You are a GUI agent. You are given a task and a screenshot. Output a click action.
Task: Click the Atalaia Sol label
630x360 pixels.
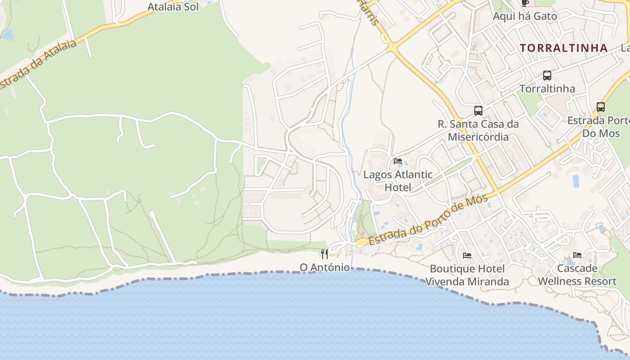coord(173,7)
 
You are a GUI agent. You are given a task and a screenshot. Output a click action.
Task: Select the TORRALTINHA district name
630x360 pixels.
coord(564,48)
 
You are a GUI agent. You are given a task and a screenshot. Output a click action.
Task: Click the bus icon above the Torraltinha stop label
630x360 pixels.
coord(547,76)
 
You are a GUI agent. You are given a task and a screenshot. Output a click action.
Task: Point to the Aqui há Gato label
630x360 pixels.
coord(525,16)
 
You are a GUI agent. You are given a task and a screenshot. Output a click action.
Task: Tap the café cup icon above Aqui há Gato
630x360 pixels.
coord(525,3)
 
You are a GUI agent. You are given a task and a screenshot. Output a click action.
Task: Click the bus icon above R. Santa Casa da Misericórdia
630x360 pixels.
coord(478,111)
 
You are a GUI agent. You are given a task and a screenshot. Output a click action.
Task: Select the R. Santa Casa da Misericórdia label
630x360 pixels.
coord(478,130)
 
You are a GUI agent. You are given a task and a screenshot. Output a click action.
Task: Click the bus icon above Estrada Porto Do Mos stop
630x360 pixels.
coord(601,107)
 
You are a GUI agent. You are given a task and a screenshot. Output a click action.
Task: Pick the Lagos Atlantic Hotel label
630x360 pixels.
coord(398,181)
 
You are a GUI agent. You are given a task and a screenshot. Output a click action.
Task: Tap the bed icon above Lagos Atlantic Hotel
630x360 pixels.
coord(398,161)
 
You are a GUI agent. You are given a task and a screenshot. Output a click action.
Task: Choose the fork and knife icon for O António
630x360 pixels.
coord(324,254)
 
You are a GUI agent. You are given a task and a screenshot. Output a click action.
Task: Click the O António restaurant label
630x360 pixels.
coord(324,268)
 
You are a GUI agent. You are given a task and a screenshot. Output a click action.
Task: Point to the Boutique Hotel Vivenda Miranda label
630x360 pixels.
coord(467,275)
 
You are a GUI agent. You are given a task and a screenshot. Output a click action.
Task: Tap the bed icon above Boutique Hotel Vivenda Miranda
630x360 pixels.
coord(467,256)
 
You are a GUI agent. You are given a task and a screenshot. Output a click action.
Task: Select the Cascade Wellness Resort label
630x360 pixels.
coord(577,275)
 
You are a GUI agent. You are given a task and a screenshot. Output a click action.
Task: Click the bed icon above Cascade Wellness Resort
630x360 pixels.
coord(577,255)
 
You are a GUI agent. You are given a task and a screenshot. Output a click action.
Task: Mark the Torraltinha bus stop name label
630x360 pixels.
coord(547,89)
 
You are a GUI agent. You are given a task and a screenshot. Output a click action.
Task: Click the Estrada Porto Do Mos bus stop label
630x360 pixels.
coord(598,127)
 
